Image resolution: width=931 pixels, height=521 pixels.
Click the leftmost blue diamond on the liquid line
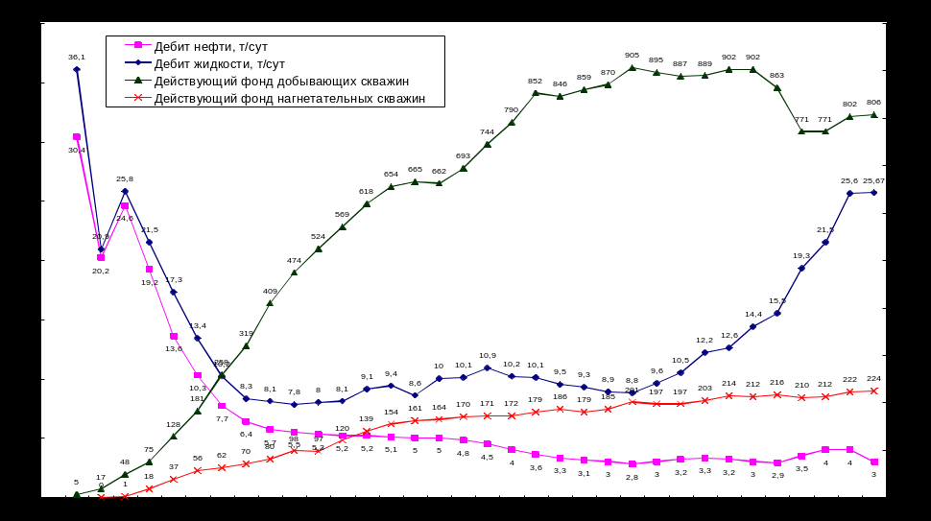click(77, 69)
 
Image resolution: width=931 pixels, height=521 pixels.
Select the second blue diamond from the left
click(101, 249)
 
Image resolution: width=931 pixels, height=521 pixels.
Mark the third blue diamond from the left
click(125, 191)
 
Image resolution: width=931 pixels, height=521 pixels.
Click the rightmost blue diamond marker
click(873, 193)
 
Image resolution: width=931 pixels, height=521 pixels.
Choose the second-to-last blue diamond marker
click(849, 193)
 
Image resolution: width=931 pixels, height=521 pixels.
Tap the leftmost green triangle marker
click(77, 495)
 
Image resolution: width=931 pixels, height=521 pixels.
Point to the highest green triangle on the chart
click(632, 68)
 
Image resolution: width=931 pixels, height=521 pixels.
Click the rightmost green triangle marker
click(873, 115)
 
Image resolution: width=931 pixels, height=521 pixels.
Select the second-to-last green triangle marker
click(849, 117)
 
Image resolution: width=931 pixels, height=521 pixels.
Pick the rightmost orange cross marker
click(873, 391)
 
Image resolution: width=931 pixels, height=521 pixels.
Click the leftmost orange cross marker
click(101, 497)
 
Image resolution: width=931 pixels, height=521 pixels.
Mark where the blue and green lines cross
click(222, 375)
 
